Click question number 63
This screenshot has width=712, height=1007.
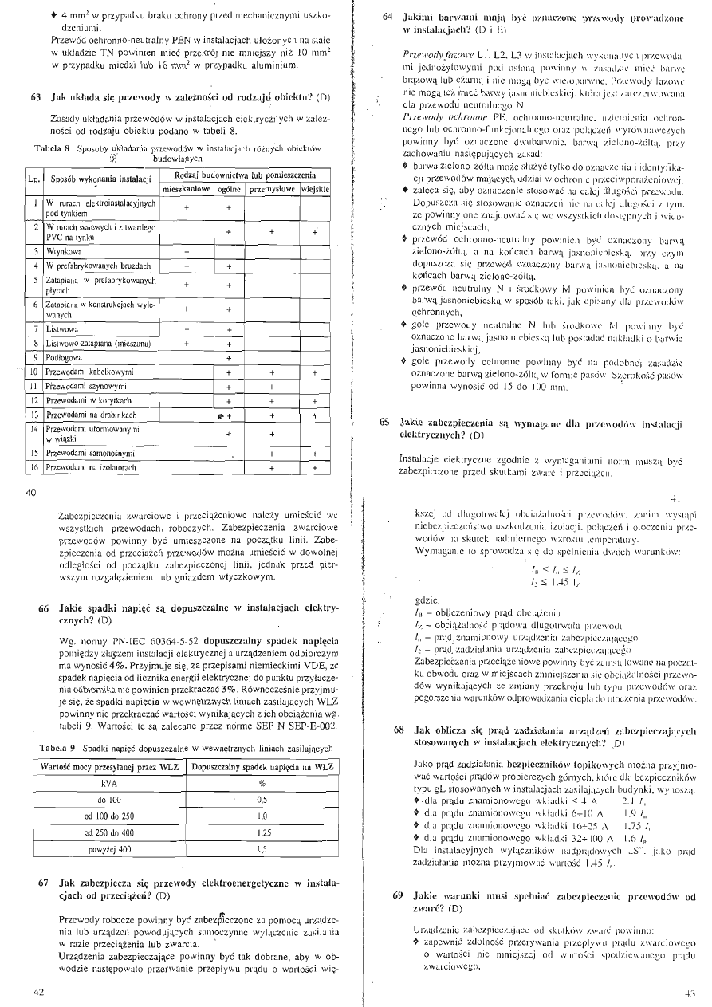click(36, 98)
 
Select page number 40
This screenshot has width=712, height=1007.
click(33, 493)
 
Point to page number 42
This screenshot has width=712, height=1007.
click(39, 991)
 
